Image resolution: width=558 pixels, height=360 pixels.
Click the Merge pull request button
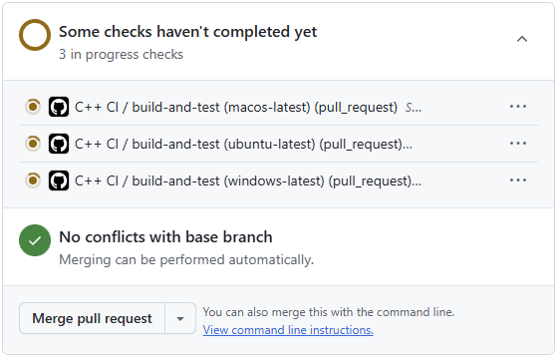[92, 318]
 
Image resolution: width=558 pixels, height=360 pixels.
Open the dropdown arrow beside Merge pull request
[179, 318]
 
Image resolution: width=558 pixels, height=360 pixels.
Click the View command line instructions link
[288, 330]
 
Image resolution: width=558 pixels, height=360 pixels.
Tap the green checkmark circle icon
[35, 241]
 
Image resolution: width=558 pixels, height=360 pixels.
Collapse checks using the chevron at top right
[521, 38]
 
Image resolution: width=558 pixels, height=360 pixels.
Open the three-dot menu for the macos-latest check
[517, 106]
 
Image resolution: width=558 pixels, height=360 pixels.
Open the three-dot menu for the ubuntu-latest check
[517, 143]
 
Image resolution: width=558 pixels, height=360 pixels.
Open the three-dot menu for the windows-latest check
[517, 180]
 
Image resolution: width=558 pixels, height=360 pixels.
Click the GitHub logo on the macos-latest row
[59, 107]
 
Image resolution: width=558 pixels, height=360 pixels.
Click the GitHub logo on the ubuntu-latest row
[59, 144]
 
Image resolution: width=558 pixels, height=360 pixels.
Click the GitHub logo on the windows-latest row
[59, 180]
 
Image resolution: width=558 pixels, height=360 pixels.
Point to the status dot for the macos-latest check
[33, 107]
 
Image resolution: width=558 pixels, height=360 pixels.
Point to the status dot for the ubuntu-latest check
[33, 144]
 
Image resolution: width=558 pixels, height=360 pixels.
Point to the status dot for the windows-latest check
[33, 180]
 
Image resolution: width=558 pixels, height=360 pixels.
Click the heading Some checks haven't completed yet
[187, 32]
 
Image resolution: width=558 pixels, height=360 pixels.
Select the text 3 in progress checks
[121, 54]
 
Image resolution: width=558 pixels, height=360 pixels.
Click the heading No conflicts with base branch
[165, 237]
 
